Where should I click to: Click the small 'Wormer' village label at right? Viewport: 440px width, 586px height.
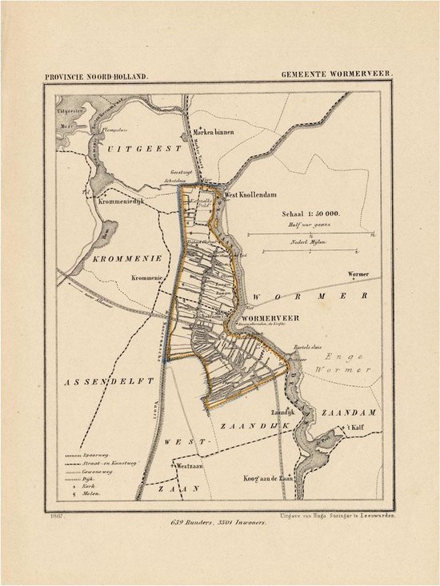(x=359, y=274)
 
